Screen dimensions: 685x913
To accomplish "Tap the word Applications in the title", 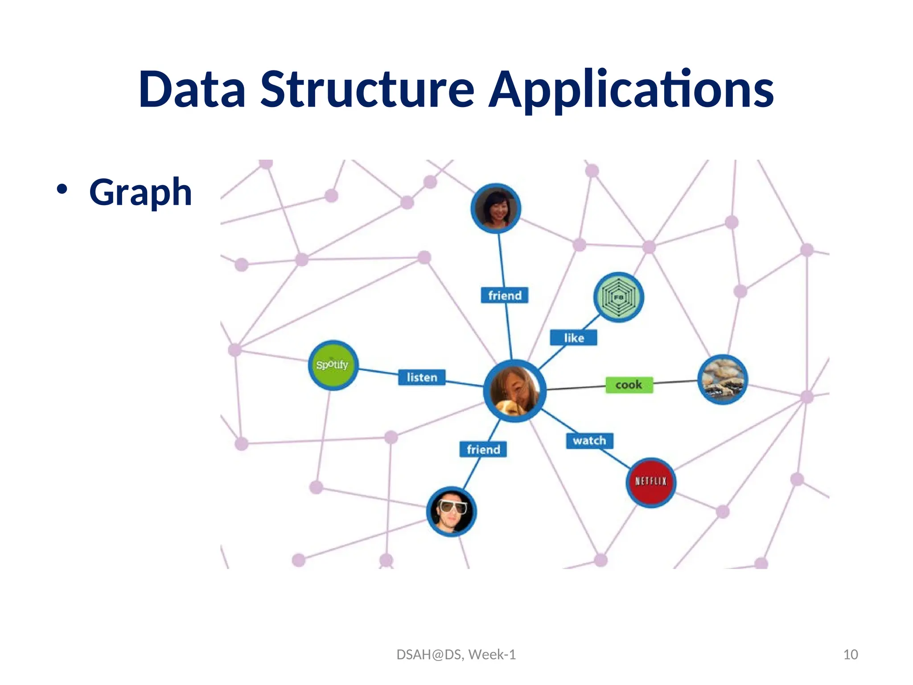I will (x=631, y=90).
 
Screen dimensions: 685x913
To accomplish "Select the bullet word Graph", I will (x=140, y=193).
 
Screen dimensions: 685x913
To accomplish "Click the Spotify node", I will (x=333, y=365).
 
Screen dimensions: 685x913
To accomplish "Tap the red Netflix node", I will (x=651, y=482).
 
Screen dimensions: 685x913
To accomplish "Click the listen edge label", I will (x=422, y=378).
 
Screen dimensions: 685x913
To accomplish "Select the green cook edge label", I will (x=629, y=385).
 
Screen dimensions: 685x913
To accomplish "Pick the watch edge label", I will (x=589, y=441).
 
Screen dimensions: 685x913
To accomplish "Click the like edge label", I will (x=573, y=338).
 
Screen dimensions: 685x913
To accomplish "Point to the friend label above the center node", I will (x=505, y=295).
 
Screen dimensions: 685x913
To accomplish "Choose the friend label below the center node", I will (x=483, y=449).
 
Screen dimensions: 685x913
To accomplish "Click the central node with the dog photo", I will (x=515, y=391).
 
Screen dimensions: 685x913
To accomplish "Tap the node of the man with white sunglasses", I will (x=452, y=512).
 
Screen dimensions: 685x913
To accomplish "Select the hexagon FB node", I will (x=618, y=297).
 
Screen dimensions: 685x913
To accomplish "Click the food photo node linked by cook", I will (x=723, y=380).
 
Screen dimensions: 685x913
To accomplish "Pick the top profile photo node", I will (x=496, y=208).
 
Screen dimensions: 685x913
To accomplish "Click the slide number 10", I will (x=850, y=655).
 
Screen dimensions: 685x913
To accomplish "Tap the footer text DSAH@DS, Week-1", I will (x=456, y=655).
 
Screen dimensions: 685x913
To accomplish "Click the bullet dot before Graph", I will (x=62, y=190).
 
